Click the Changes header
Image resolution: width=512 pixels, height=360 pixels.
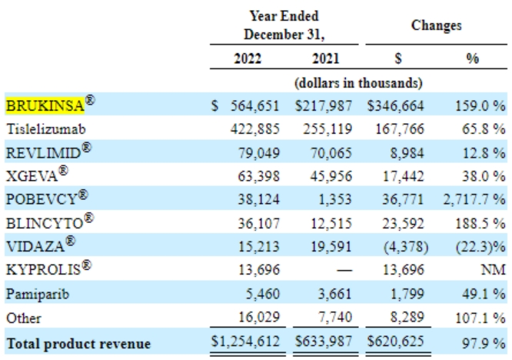pos(436,25)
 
